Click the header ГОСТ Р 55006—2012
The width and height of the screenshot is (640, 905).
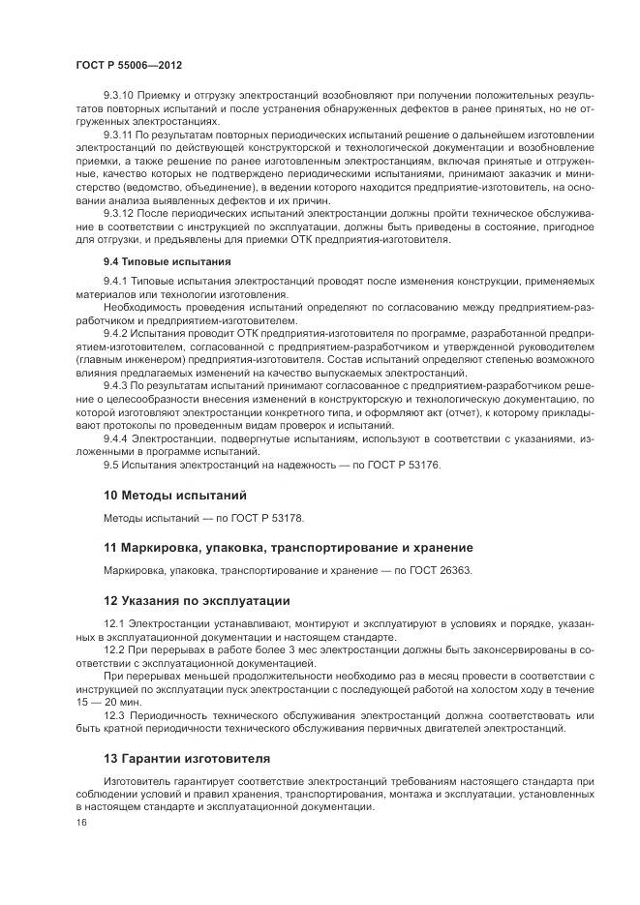[x=128, y=63]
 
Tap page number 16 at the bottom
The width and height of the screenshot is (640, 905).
[x=80, y=822]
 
